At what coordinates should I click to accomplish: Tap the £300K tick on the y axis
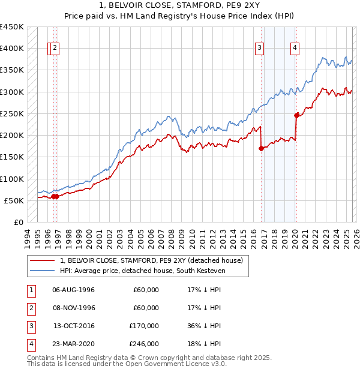11,92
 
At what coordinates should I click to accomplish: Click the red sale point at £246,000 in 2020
296,115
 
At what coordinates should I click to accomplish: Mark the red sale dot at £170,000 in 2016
261,149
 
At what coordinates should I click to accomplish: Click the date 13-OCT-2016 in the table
74,325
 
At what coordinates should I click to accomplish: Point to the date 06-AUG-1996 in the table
74,290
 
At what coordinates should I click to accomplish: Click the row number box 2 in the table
29,308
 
